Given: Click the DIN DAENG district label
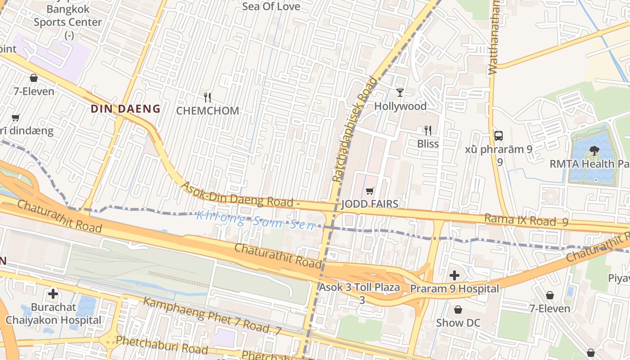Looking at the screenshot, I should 126,108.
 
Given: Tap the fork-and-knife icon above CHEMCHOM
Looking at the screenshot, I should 207,97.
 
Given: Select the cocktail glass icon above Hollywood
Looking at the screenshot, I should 400,93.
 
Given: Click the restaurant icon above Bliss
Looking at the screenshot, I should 428,130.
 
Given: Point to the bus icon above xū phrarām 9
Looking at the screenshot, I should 498,135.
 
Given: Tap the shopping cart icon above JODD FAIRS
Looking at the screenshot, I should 370,191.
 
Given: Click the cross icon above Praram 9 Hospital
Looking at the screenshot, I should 454,275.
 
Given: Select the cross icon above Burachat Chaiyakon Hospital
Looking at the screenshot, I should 53,294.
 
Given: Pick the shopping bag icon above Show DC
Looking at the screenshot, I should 458,310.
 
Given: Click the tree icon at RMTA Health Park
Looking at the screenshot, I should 594,151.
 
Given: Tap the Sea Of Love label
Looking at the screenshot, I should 271,6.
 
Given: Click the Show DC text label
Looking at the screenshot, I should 458,323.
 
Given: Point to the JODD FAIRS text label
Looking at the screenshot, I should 370,204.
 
